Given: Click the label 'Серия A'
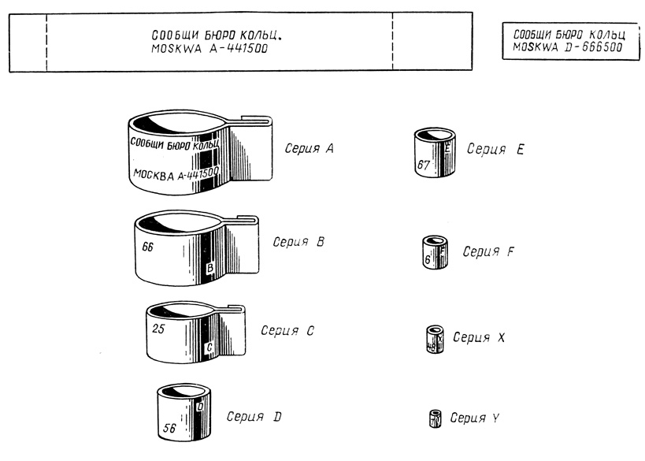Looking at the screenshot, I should (308, 147).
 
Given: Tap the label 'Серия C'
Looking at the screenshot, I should (287, 331).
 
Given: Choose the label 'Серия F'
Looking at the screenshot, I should (488, 251).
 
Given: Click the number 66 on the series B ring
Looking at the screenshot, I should (148, 246).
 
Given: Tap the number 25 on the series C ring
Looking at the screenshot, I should (156, 329).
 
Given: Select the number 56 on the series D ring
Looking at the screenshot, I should (169, 429).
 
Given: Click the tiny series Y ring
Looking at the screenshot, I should (434, 418).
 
